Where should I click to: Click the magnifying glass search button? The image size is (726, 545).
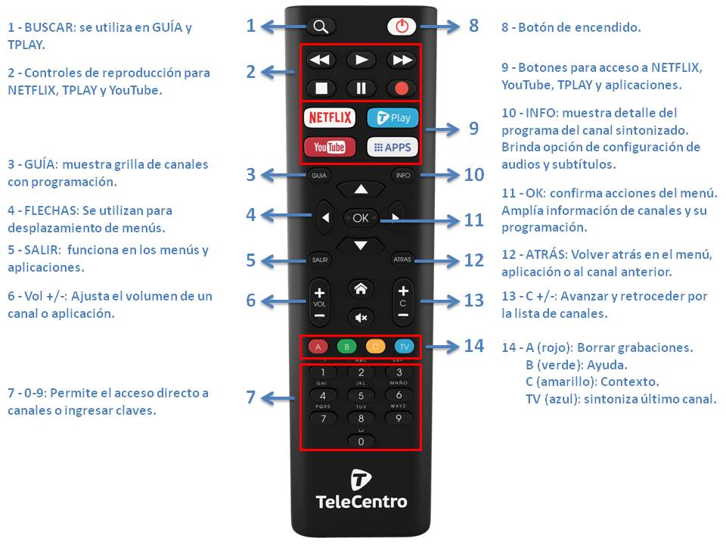click(321, 26)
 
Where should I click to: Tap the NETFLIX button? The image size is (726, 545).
click(330, 117)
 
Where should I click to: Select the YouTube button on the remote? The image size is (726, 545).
click(330, 148)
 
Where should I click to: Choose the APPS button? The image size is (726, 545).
click(392, 148)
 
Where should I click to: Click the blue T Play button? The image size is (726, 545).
click(392, 118)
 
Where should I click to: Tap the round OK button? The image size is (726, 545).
click(361, 218)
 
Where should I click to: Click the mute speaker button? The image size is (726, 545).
click(361, 317)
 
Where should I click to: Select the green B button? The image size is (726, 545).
click(347, 347)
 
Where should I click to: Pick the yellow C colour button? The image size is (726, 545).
click(376, 347)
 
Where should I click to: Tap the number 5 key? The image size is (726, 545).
click(361, 396)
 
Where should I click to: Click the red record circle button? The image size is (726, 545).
click(402, 88)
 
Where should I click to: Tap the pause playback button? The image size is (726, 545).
click(361, 88)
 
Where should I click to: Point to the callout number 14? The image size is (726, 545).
click(474, 346)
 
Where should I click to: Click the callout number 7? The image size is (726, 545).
click(250, 397)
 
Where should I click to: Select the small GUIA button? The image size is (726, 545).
click(319, 175)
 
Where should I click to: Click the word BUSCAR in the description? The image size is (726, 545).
click(49, 27)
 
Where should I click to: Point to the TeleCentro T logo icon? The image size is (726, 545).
click(361, 479)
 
